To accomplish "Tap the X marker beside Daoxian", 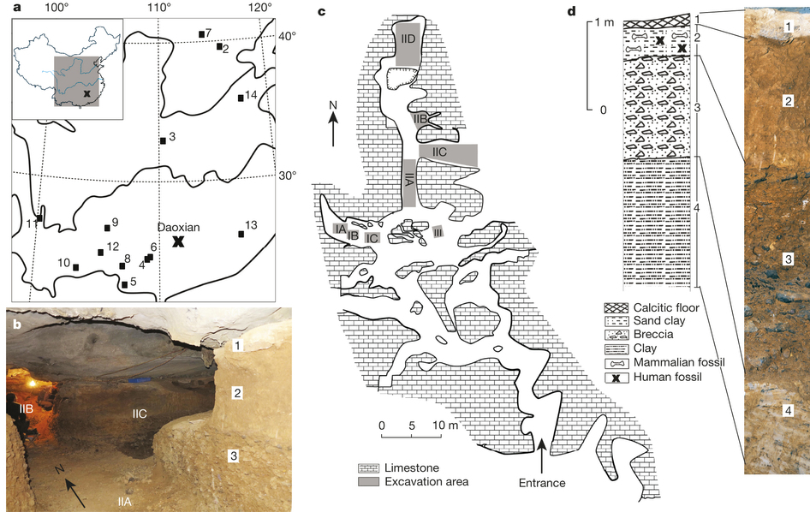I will click(x=178, y=242).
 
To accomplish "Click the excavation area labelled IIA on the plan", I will click(x=410, y=181).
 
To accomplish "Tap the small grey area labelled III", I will click(x=438, y=232).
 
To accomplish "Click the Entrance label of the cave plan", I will click(x=542, y=483).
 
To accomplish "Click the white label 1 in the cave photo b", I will click(x=237, y=346).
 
